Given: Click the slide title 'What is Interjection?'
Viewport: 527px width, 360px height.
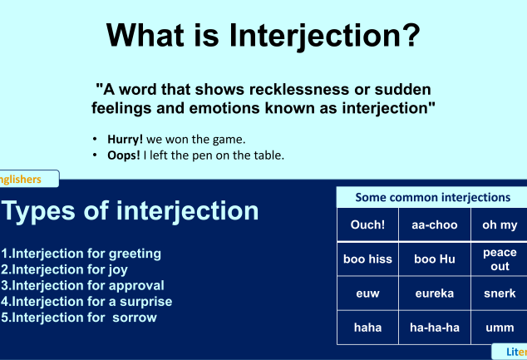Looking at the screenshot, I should [263, 35].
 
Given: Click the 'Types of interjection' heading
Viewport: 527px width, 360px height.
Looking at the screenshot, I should [131, 210].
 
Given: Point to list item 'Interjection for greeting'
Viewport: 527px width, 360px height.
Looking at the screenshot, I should [81, 254].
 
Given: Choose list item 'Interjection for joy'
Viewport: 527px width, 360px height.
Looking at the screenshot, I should [65, 269].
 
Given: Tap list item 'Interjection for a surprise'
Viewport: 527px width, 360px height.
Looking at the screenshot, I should [86, 301].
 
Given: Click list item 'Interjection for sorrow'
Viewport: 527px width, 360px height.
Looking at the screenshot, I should [79, 317].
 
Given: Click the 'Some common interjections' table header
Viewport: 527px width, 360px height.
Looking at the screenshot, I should [432, 197].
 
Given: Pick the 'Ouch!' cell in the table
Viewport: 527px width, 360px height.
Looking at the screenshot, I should [367, 224].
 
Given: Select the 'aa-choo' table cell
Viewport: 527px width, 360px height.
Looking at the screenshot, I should [435, 224].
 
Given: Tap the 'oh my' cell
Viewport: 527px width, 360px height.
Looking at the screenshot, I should [500, 224].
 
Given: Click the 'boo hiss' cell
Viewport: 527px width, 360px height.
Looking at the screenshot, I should [367, 259].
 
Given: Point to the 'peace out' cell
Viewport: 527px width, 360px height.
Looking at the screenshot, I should [500, 259].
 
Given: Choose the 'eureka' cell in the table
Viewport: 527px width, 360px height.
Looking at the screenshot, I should [435, 293].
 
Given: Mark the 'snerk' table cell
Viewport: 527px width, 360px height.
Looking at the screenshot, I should [500, 293].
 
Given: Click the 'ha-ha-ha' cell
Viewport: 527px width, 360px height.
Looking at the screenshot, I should [435, 327].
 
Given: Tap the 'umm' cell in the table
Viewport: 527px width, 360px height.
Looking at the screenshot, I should [500, 327].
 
